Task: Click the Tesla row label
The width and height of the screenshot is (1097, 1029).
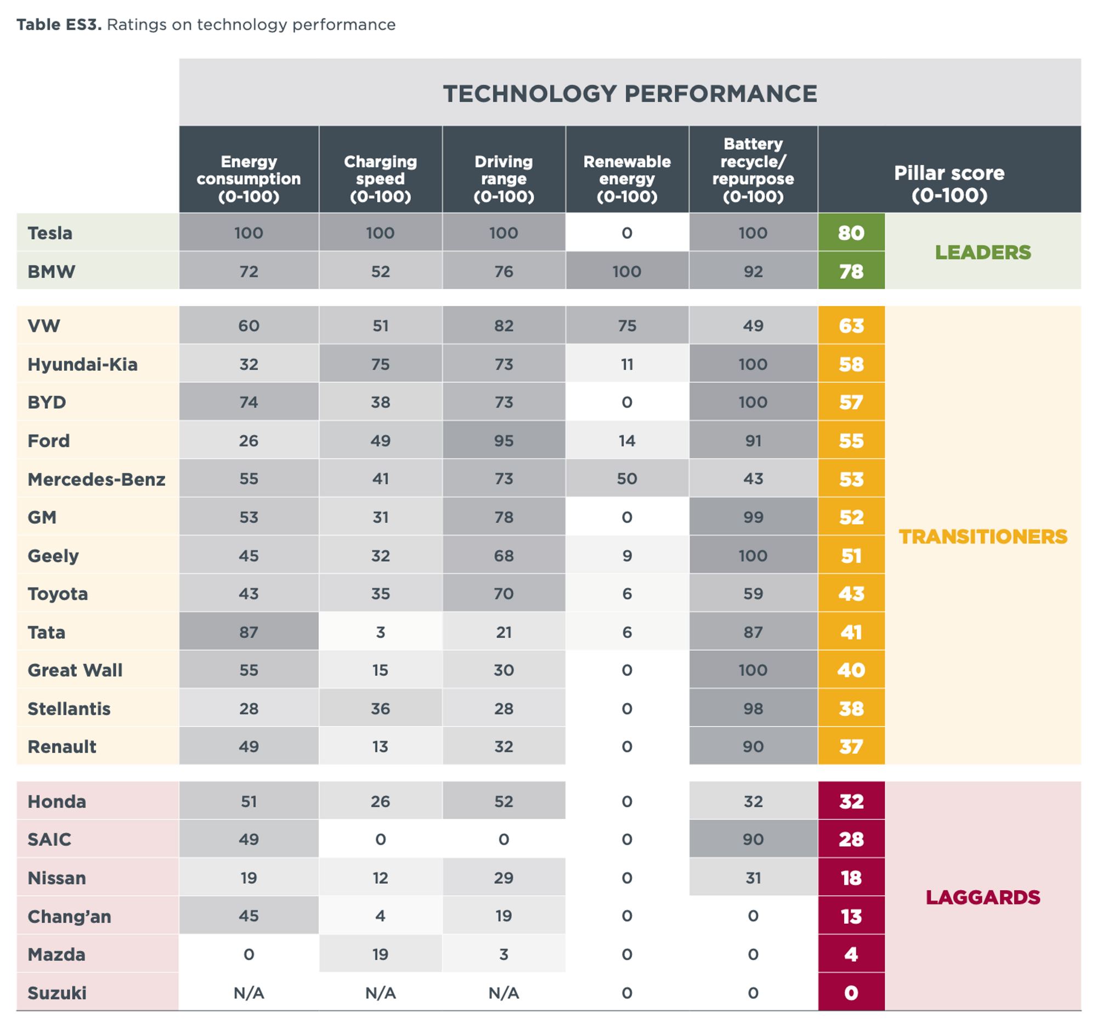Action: click(50, 233)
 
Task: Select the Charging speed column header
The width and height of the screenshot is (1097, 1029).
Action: click(380, 178)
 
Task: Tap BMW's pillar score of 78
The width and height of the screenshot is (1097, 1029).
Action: click(851, 272)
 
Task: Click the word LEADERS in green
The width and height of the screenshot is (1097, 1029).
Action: click(982, 252)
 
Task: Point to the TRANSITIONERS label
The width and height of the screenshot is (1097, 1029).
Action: click(982, 536)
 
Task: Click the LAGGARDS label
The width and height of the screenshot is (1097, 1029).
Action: click(982, 897)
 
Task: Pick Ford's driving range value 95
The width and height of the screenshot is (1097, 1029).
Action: click(504, 441)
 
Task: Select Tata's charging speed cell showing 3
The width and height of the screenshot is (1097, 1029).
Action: click(380, 632)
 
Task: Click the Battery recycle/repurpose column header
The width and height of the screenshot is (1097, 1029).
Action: click(753, 169)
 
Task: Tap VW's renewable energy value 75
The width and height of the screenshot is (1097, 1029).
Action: click(627, 325)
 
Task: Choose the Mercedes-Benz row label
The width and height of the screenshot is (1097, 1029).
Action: click(97, 479)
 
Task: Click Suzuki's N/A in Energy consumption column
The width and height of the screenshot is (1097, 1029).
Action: click(249, 993)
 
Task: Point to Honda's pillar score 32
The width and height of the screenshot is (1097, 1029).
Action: click(851, 801)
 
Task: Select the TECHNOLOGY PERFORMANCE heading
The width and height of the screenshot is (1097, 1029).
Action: click(630, 93)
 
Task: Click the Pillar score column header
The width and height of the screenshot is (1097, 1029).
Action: click(948, 183)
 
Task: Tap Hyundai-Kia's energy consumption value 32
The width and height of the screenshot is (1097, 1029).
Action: click(249, 364)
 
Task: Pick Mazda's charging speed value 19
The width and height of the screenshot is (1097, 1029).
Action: click(380, 954)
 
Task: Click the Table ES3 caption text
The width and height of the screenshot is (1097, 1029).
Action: click(206, 25)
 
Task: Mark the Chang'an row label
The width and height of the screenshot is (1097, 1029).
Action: click(70, 917)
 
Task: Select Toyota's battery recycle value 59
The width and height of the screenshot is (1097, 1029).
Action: click(753, 593)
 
